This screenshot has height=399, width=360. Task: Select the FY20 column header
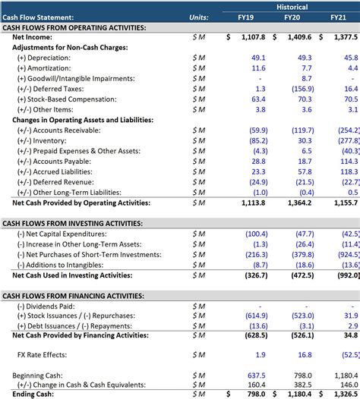point(292,17)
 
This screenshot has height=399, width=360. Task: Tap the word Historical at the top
point(292,5)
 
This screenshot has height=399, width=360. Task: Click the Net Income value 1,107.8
point(253,36)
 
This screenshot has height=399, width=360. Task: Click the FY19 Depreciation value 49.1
point(257,58)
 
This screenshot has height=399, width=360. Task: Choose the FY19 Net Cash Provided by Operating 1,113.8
point(253,203)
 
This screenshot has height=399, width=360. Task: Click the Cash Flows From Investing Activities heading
point(72,224)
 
